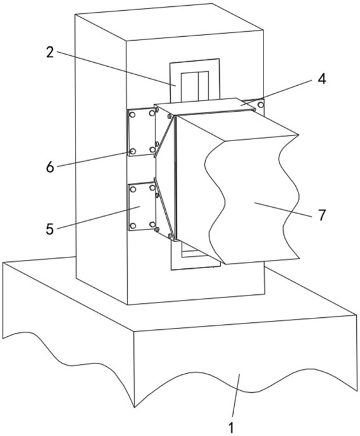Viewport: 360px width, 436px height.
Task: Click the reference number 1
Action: [x=231, y=427]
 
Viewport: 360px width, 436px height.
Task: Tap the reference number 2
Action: [x=50, y=52]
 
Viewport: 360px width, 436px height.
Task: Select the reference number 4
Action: [x=322, y=79]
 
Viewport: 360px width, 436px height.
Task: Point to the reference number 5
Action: [x=50, y=229]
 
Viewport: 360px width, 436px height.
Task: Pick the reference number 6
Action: [x=50, y=167]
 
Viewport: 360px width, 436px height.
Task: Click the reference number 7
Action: [x=322, y=215]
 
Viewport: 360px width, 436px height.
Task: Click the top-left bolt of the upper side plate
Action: [x=133, y=114]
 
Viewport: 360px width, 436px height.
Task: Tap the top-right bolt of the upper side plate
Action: [x=152, y=113]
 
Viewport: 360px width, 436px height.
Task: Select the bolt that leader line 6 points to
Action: [x=133, y=151]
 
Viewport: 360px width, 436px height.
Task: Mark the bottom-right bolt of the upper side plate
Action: [x=152, y=149]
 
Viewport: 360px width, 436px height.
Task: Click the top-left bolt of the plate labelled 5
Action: [x=133, y=189]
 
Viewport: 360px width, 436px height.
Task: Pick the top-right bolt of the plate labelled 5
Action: [x=152, y=188]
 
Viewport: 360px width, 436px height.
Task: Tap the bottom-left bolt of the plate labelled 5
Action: [x=133, y=226]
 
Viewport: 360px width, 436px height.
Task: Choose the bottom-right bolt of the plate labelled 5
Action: [x=152, y=224]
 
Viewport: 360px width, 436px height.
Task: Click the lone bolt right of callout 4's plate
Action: [x=260, y=105]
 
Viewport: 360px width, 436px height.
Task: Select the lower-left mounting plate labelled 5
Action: [x=142, y=207]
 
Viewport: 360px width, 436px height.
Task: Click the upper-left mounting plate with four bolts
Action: [x=141, y=132]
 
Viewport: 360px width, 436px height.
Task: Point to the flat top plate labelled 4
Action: [x=205, y=107]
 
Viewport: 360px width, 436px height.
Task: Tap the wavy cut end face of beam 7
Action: [x=252, y=200]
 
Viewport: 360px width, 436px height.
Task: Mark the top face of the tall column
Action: [x=169, y=23]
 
